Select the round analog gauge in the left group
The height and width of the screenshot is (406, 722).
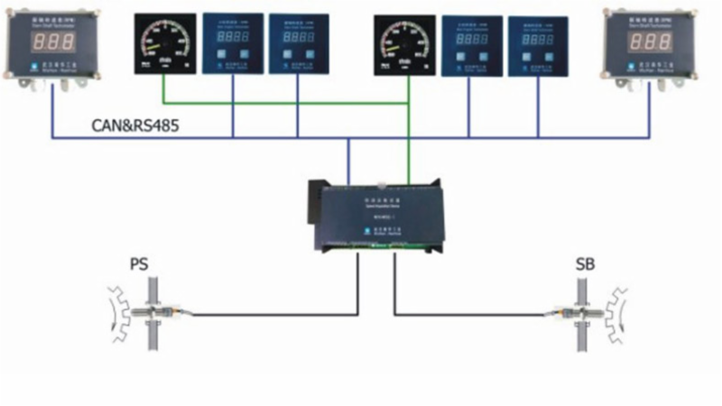click(164, 42)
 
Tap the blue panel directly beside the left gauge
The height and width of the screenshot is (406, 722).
click(233, 43)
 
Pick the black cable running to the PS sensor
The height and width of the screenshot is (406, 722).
click(271, 314)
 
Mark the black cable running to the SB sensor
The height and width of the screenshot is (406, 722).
click(469, 314)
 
